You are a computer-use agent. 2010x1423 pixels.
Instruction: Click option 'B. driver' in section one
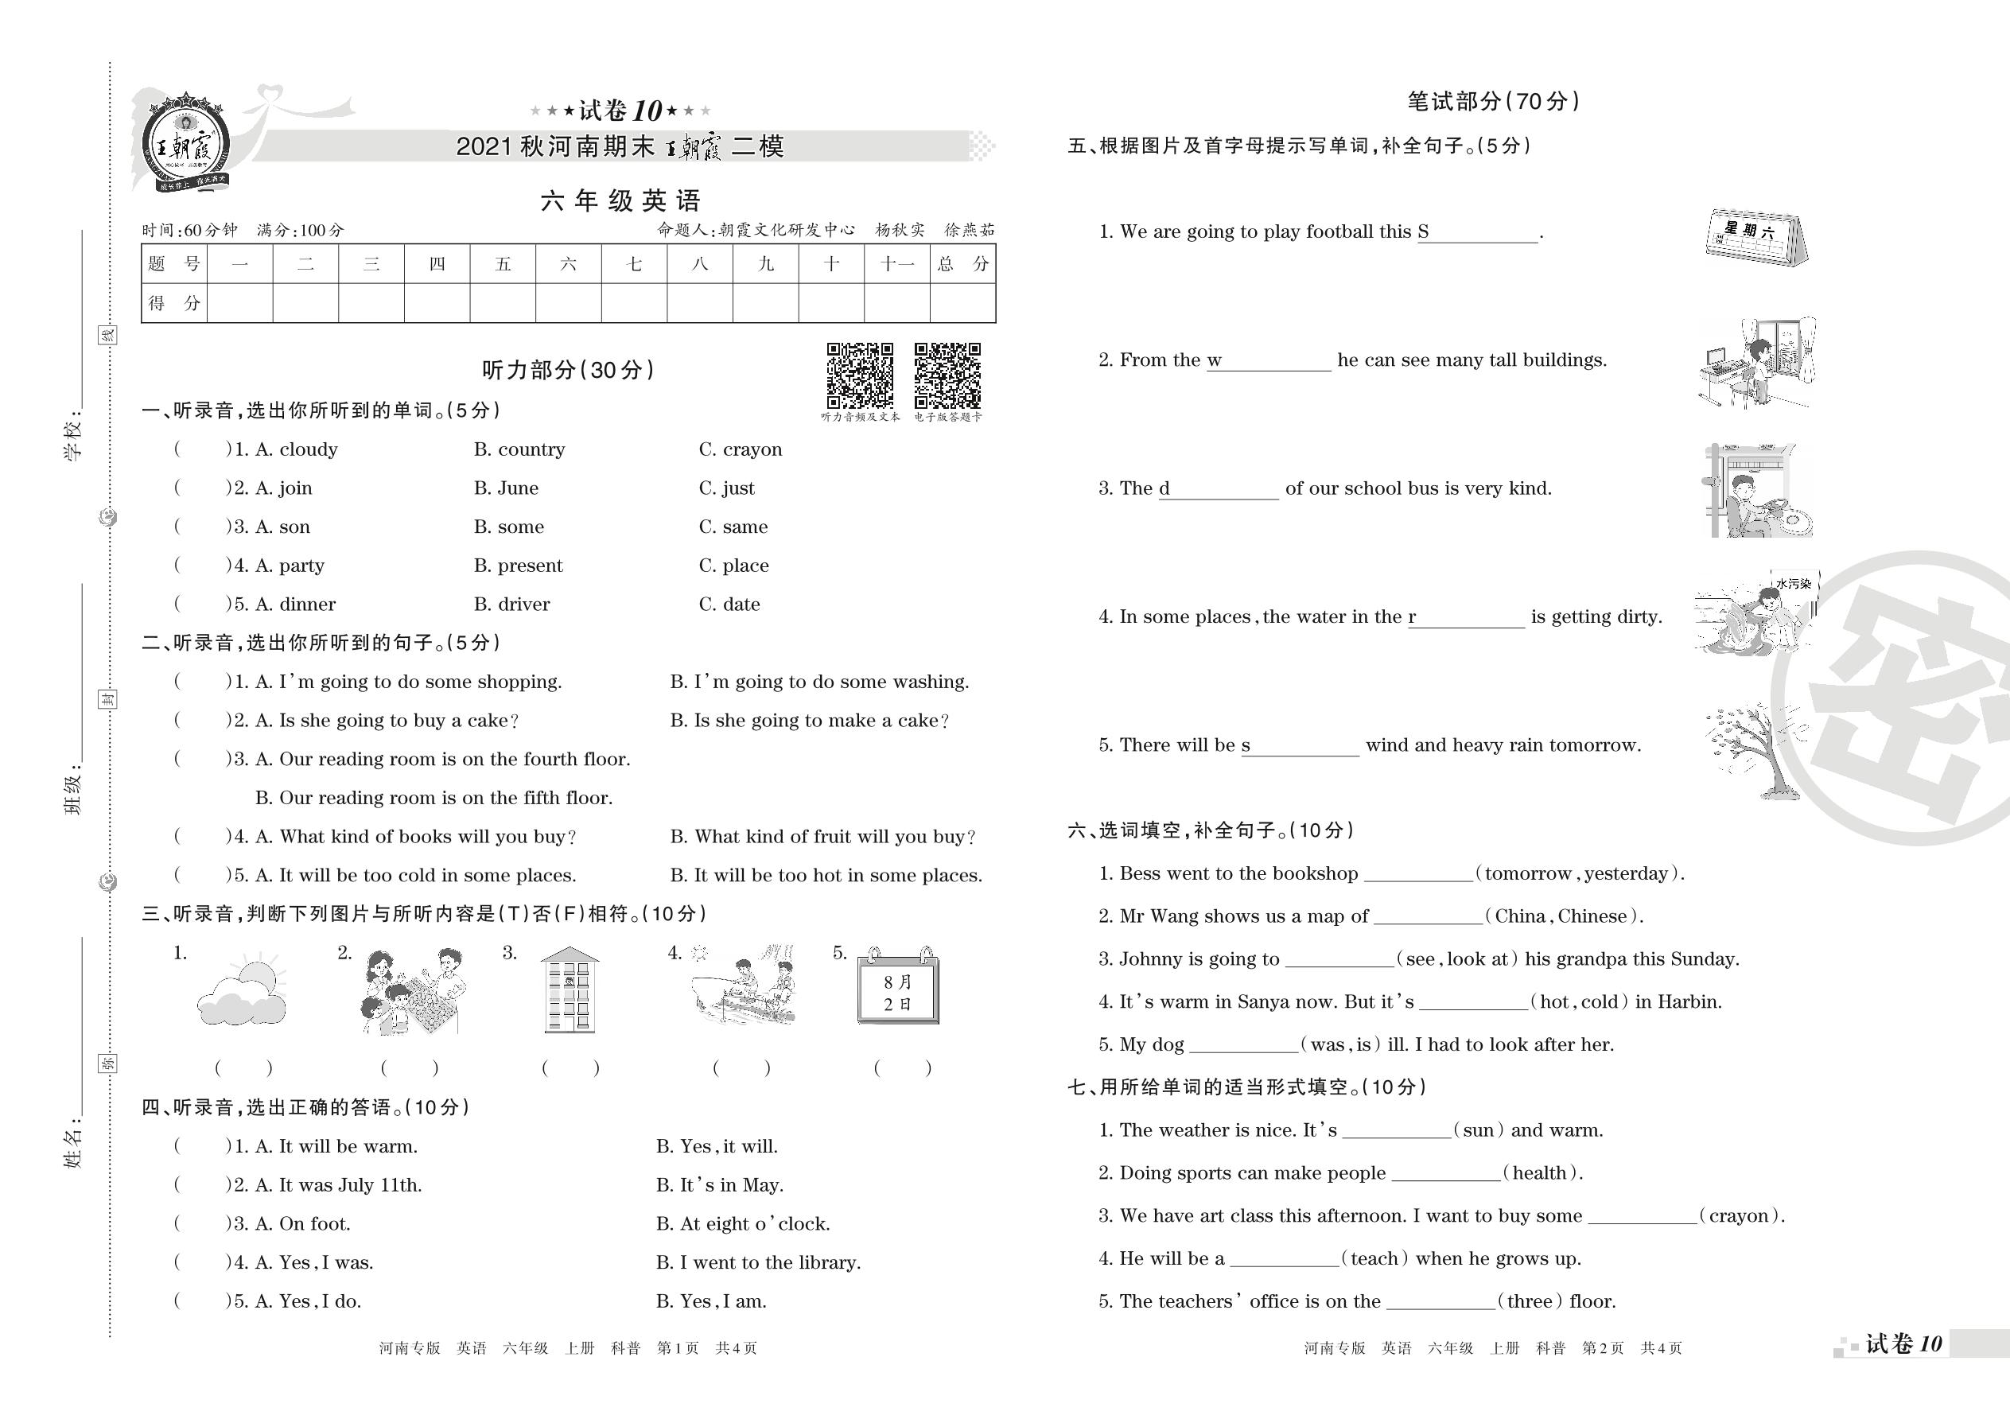click(x=511, y=605)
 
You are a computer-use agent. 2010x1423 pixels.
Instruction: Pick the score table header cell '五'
click(x=503, y=264)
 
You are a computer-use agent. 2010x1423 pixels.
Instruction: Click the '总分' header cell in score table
click(x=962, y=264)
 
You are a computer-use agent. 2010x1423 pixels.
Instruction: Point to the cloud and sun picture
click(x=241, y=992)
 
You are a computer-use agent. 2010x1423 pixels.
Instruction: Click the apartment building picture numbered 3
click(x=570, y=990)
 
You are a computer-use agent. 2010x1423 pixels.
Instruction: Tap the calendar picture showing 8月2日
click(x=898, y=988)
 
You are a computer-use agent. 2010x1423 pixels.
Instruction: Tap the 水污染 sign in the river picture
click(x=1793, y=584)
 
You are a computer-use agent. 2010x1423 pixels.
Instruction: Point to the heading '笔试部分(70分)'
click(x=1493, y=102)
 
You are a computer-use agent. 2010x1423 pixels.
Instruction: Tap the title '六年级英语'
click(x=620, y=201)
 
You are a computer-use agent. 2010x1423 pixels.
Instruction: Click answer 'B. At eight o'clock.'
click(x=743, y=1224)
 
